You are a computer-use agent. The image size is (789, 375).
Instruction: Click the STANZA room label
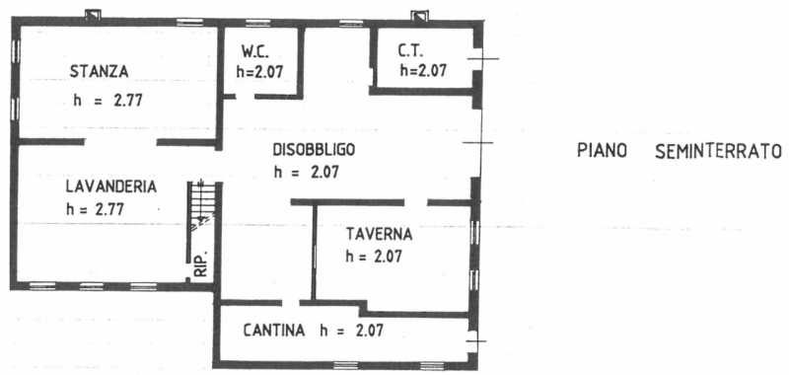100,71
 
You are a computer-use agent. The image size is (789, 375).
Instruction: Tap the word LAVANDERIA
111,187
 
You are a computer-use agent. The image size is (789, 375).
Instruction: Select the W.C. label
255,51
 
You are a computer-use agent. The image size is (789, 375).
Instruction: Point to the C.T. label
411,51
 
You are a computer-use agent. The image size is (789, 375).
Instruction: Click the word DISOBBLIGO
314,150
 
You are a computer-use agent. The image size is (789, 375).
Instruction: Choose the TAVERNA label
380,234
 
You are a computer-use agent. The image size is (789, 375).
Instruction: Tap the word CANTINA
274,331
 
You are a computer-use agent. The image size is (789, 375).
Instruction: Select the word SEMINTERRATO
719,151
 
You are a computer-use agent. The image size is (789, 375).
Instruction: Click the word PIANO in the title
602,151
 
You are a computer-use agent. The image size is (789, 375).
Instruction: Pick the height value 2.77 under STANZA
128,101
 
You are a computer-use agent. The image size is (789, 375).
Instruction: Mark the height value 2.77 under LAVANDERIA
109,209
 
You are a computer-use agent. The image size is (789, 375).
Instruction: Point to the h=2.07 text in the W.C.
259,71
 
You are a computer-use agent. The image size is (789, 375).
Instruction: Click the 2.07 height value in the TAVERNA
388,257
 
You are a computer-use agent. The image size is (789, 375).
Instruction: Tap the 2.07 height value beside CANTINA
369,331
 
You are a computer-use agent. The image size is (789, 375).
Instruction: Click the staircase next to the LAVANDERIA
201,207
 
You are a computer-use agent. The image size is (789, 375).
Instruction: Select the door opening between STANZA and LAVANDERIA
120,142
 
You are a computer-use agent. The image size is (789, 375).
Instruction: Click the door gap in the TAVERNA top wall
416,202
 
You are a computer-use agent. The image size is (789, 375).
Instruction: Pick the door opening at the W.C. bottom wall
245,96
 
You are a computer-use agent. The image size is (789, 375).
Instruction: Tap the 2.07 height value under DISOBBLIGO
325,172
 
